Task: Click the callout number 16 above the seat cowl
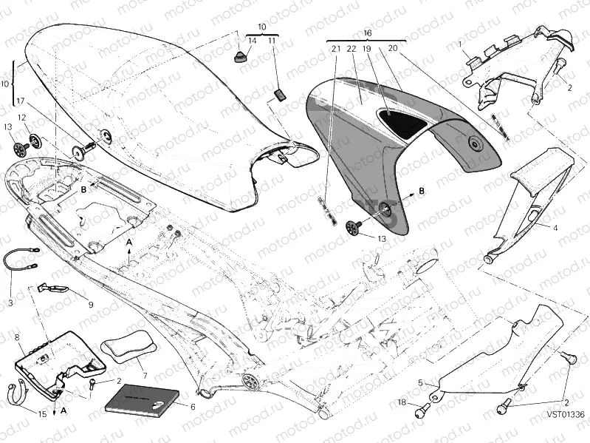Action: [367, 33]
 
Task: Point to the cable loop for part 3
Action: [20, 261]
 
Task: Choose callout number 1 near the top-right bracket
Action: [462, 44]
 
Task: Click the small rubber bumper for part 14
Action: [240, 57]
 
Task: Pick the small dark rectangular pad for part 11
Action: [280, 93]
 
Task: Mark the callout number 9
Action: [91, 303]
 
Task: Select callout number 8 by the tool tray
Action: [16, 338]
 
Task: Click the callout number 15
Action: [42, 413]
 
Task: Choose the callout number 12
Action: [21, 118]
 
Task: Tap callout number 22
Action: [351, 49]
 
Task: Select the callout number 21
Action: [335, 49]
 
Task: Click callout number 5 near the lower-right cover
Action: [421, 383]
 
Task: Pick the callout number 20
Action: [392, 49]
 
